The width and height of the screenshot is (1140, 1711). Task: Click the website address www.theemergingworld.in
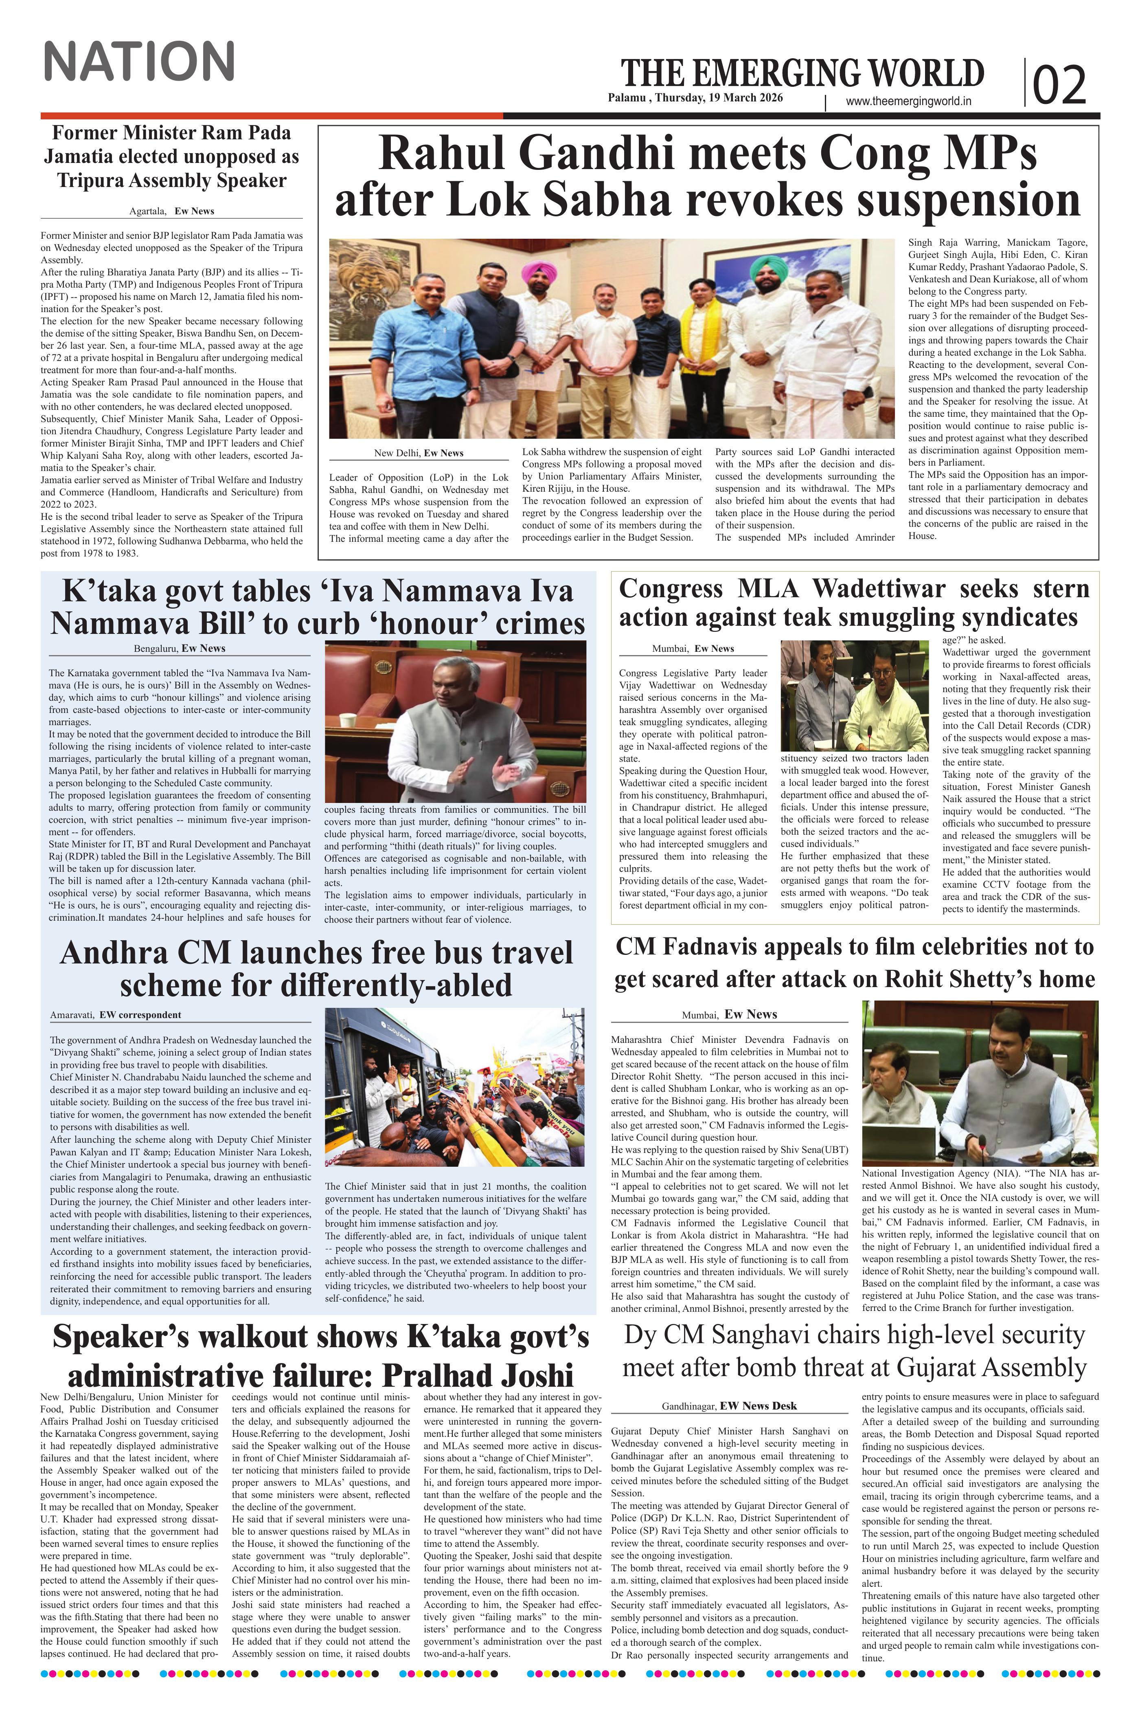point(909,103)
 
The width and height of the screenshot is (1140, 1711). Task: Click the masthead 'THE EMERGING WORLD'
point(802,73)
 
